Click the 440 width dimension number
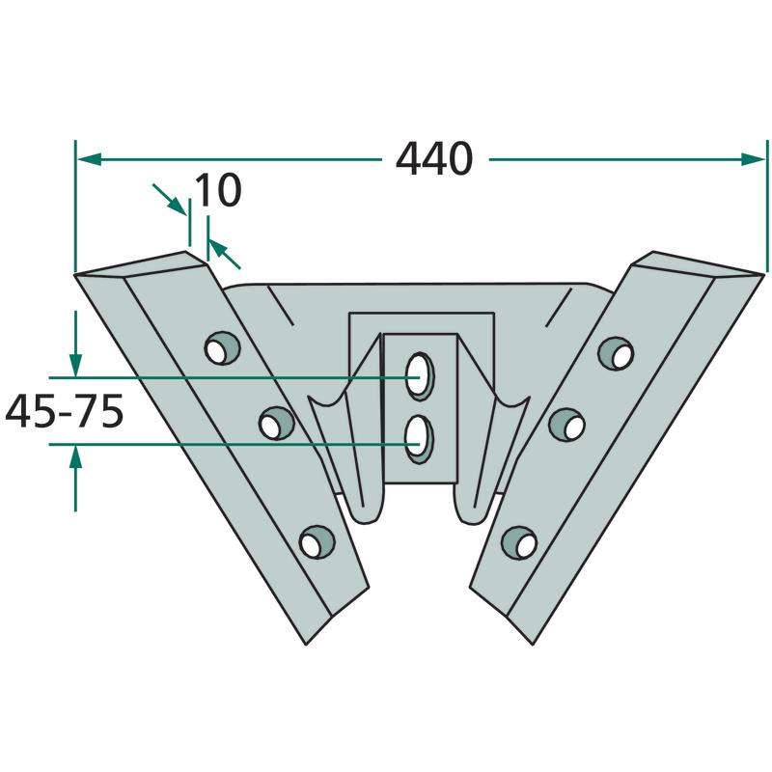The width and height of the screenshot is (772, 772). click(433, 159)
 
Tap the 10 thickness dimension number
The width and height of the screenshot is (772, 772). click(219, 190)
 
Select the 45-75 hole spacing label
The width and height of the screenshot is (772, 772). click(64, 412)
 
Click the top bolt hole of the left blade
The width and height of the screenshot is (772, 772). click(222, 348)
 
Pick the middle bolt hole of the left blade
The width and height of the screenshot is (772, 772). click(276, 423)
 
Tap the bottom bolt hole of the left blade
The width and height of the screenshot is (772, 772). click(317, 541)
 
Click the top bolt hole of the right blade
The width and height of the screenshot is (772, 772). click(616, 353)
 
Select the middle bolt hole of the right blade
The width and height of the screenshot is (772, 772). click(566, 425)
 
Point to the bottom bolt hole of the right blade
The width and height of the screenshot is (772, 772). click(519, 542)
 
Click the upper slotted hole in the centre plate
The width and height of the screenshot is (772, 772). click(420, 376)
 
